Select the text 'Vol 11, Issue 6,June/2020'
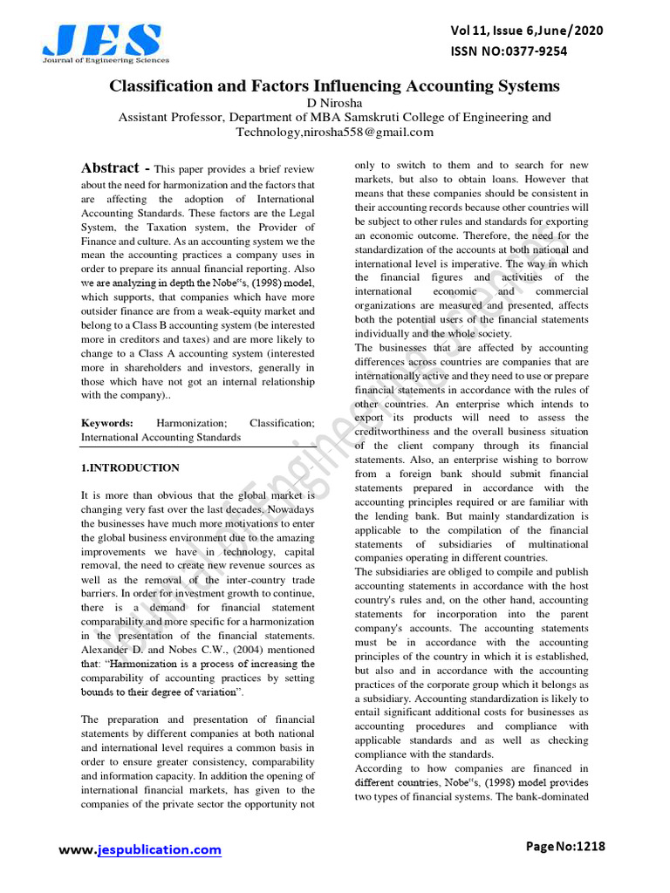coord(525,31)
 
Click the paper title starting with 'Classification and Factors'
coord(334,86)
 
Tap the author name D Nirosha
coord(334,103)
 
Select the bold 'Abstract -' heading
coord(115,168)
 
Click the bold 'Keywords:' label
coord(107,423)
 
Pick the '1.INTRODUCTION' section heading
coord(130,467)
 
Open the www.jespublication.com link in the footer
coord(140,849)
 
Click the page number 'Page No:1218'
coord(565,846)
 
